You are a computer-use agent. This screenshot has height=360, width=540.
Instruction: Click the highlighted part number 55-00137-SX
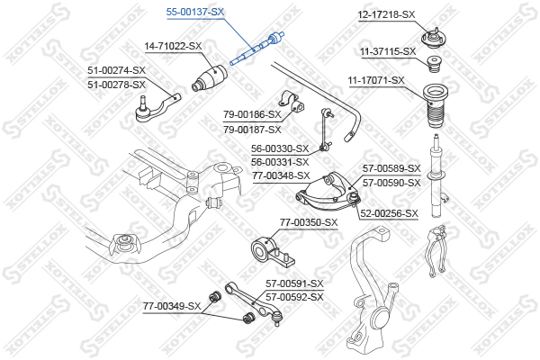(x=195, y=12)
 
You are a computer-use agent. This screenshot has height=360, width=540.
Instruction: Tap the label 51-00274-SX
(x=116, y=70)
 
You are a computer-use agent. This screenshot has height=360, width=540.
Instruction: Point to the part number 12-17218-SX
(x=385, y=14)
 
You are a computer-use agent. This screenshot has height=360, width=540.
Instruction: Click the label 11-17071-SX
(x=375, y=81)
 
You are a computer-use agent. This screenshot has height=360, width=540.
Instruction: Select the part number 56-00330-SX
(x=280, y=148)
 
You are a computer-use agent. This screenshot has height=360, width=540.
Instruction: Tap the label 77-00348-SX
(x=281, y=175)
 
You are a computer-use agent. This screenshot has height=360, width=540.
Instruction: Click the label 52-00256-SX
(x=389, y=213)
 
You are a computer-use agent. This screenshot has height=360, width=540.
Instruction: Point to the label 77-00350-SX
(x=309, y=221)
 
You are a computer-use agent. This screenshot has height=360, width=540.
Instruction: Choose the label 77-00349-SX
(x=171, y=307)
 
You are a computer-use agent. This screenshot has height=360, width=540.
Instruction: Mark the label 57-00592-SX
(x=293, y=296)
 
